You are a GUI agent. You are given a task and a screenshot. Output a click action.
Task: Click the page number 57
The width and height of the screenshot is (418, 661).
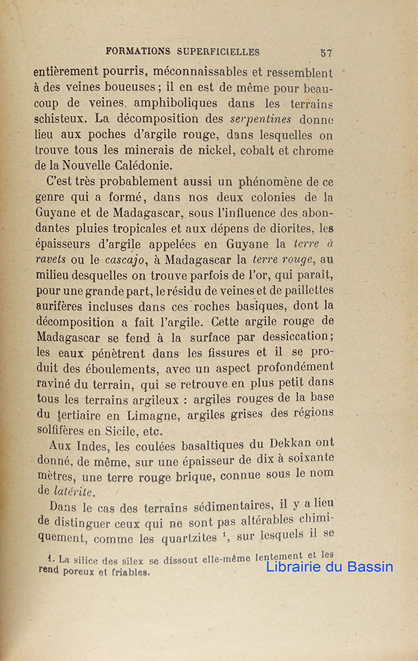pos(326,53)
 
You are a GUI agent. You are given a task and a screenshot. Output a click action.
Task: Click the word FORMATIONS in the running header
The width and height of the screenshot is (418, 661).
pos(137,52)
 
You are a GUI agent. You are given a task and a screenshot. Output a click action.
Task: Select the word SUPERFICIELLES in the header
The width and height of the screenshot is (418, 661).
pos(219,52)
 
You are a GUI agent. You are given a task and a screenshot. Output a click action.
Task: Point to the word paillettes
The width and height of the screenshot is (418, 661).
pos(303,290)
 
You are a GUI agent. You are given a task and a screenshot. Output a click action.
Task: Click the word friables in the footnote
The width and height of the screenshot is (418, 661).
pos(129,572)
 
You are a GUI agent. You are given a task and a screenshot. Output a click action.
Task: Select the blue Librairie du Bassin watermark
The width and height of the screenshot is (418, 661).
pos(330,566)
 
